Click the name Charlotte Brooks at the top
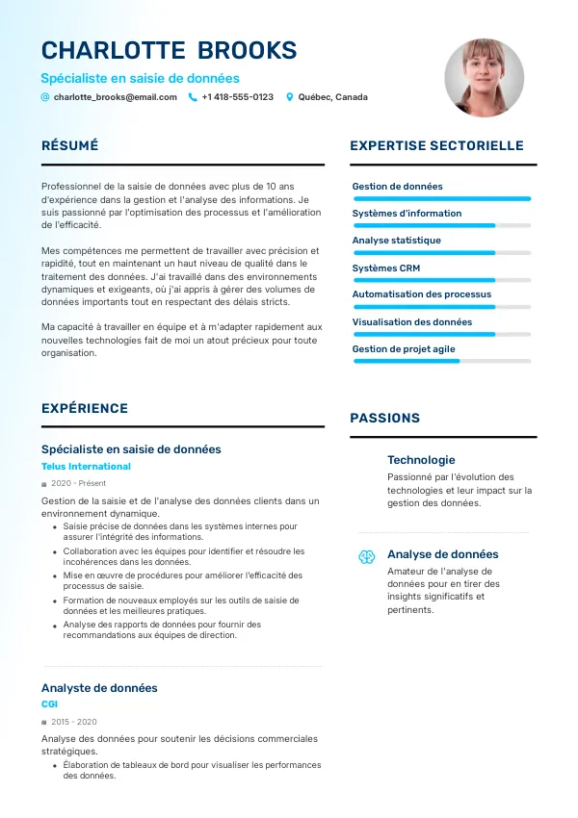tap(169, 51)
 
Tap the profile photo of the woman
tap(484, 79)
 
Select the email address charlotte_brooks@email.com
tap(115, 97)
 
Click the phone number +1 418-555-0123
tap(237, 97)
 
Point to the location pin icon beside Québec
tap(289, 97)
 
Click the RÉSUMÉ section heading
tap(69, 146)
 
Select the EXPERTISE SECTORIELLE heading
tap(436, 146)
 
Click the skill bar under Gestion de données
tap(442, 198)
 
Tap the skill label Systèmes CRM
tap(385, 268)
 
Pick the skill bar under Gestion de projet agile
tap(442, 361)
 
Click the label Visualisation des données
tap(411, 322)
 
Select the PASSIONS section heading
tap(384, 418)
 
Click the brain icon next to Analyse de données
tap(367, 556)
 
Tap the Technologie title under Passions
tap(421, 460)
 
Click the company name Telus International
tap(86, 467)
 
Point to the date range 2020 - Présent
tap(78, 483)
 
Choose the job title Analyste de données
tap(99, 688)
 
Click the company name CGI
tap(49, 704)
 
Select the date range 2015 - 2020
tap(73, 722)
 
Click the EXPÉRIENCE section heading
tap(85, 409)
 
